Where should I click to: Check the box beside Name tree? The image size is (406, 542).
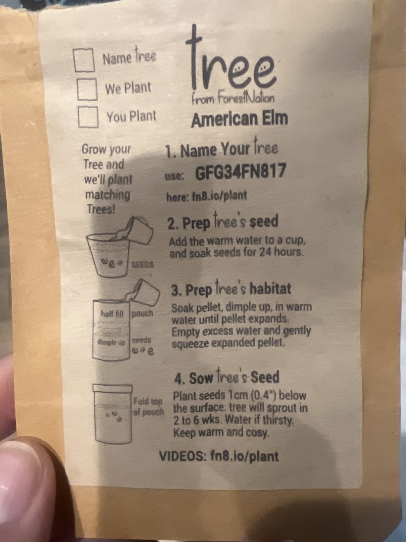coord(84,60)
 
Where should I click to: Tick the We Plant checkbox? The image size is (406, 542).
coord(87,89)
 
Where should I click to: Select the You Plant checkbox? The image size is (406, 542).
coord(88,117)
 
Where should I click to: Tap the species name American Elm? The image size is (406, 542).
coord(240,119)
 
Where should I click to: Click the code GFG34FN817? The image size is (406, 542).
coord(240,171)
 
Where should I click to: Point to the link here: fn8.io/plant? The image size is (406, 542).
coord(207,196)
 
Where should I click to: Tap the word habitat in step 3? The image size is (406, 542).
coord(270,289)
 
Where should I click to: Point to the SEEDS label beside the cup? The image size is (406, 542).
coord(142,265)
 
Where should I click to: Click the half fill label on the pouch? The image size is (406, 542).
coord(112,313)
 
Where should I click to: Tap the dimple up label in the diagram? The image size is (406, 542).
coord(111,342)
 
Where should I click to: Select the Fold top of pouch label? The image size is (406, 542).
coord(148,406)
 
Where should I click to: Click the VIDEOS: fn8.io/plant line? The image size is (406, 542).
coord(219,456)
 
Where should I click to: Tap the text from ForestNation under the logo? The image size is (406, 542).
coord(233,99)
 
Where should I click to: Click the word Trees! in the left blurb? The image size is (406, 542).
coord(101,209)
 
